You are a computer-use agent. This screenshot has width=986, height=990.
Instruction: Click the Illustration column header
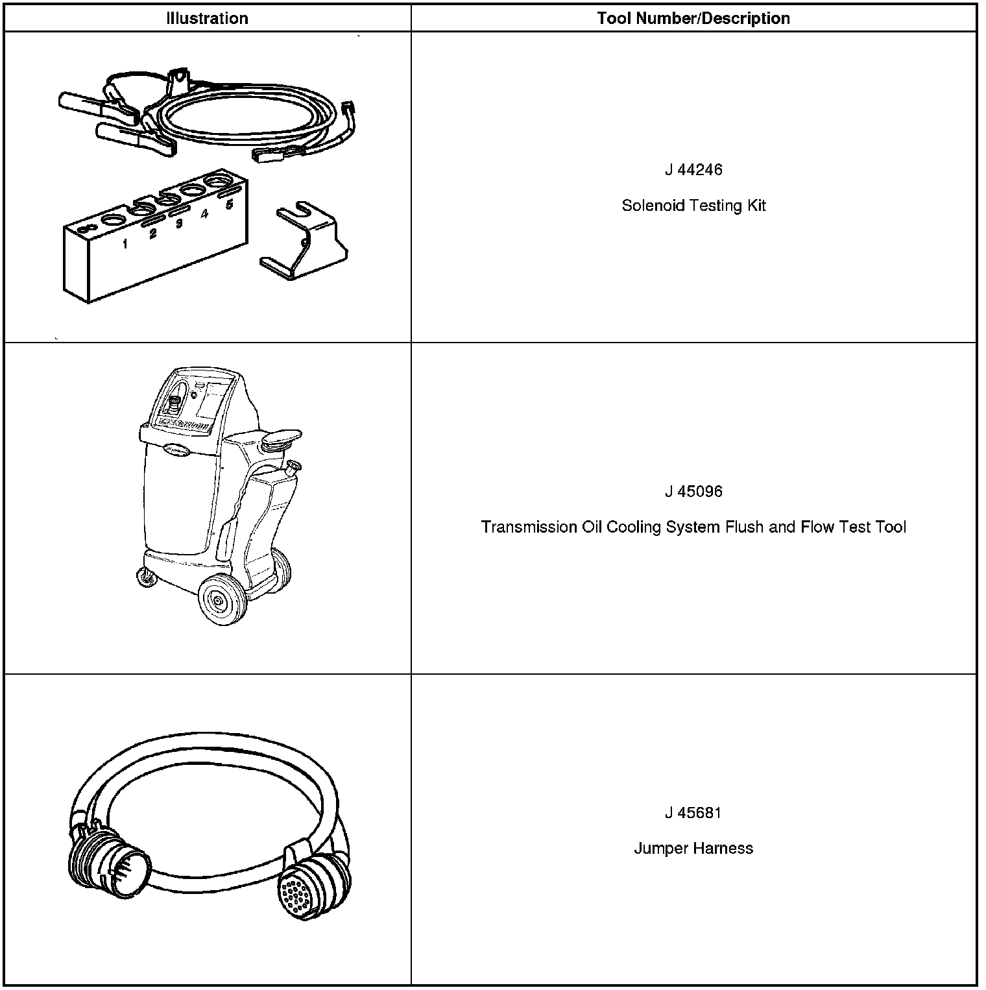pyautogui.click(x=207, y=18)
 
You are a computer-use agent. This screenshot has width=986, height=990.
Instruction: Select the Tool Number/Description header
pyautogui.click(x=693, y=18)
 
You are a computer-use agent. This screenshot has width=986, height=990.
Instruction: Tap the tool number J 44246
pyautogui.click(x=693, y=170)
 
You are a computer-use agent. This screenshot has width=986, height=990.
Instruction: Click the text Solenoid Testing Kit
pyautogui.click(x=693, y=206)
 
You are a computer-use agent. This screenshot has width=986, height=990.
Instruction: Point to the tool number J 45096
pyautogui.click(x=693, y=491)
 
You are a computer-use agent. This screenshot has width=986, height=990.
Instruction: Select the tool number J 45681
pyautogui.click(x=693, y=813)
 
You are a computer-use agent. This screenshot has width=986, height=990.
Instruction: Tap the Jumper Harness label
pyautogui.click(x=693, y=849)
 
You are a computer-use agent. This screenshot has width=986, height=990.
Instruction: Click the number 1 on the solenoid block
pyautogui.click(x=125, y=245)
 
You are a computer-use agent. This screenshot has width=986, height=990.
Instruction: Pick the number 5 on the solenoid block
pyautogui.click(x=229, y=205)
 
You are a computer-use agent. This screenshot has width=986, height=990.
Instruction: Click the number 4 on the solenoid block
pyautogui.click(x=204, y=214)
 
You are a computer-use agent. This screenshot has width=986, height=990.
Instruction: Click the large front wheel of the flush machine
pyautogui.click(x=221, y=600)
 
